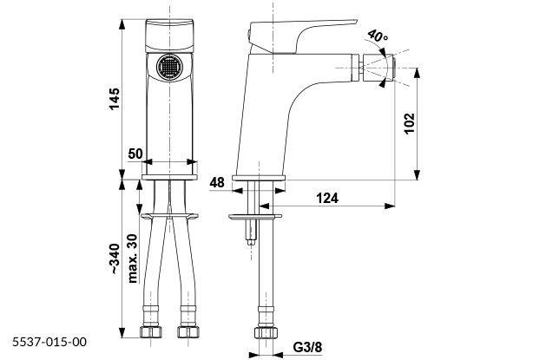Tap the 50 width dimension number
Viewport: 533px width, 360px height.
click(x=135, y=153)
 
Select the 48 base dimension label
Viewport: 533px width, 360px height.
click(x=218, y=182)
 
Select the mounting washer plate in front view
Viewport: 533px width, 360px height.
click(x=170, y=211)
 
